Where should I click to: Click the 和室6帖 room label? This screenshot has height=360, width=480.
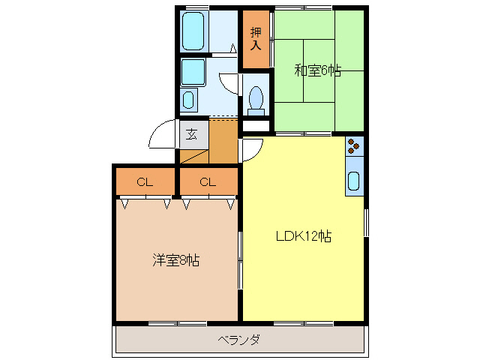pos(317,70)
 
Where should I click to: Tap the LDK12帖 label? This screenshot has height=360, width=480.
pos(303,236)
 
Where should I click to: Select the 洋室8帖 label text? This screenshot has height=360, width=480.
pos(175,260)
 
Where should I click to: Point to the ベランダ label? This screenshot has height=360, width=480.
pos(239,340)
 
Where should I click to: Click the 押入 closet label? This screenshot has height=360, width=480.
pos(256,38)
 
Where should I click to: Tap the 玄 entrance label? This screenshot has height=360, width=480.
pos(192,135)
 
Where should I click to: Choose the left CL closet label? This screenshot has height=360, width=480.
pos(145,181)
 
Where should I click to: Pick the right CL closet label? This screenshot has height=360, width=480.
pos(208,181)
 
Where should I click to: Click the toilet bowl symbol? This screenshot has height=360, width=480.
pos(256,98)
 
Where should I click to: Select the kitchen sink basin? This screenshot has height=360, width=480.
pos(354,181)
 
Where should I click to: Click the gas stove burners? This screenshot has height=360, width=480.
pos(354,145)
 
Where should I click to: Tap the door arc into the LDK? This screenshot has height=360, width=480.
pos(252,151)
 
